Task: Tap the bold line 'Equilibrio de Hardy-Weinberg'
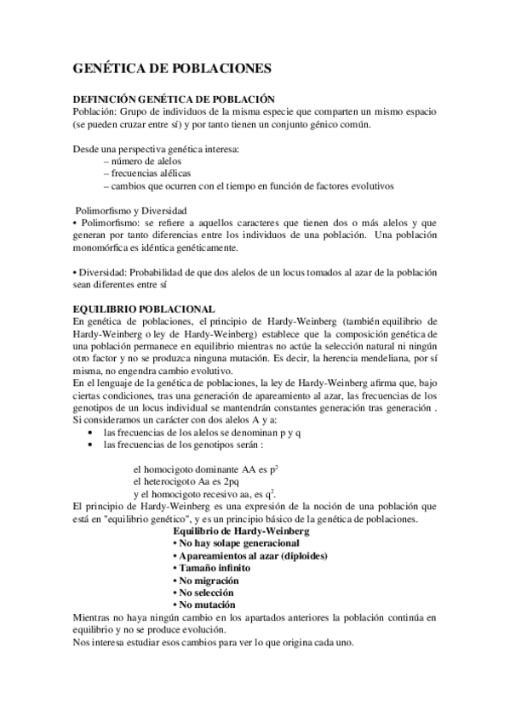point(241,531)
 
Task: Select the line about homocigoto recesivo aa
point(204,494)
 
